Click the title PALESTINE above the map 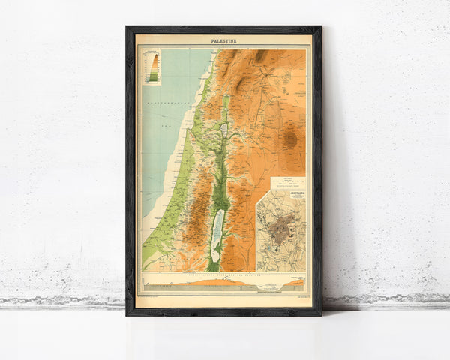[x=223, y=40]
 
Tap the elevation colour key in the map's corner [x=152, y=65]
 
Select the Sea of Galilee [x=223, y=130]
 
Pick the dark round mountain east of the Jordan [x=290, y=138]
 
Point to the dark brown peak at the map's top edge [x=260, y=55]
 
